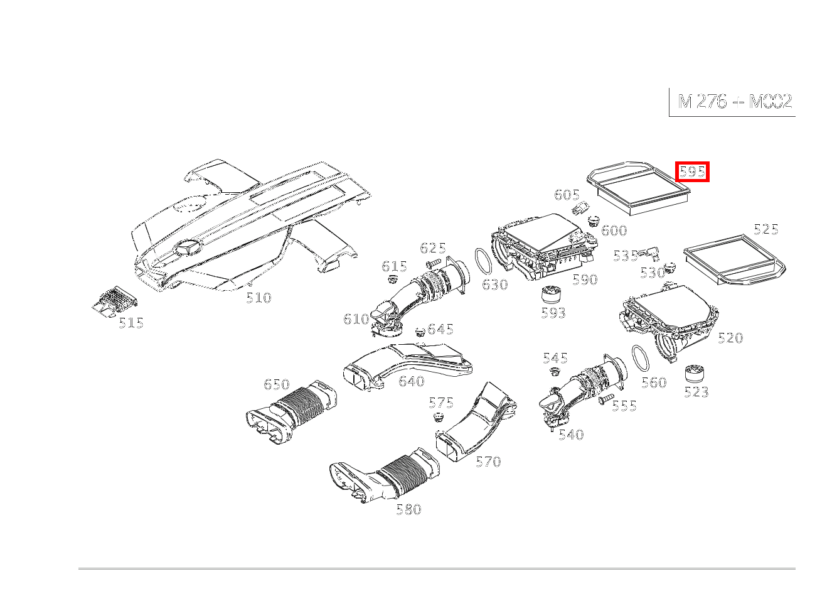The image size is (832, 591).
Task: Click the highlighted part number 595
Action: coord(692,171)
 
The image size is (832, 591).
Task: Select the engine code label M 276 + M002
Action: coord(735,102)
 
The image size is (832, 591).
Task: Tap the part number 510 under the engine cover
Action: coord(259,298)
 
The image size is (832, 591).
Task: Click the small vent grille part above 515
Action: coord(114,301)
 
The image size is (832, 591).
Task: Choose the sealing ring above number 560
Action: coord(641,359)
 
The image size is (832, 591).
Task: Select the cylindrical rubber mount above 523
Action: coord(695,374)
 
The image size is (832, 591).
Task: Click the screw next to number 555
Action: coord(605,399)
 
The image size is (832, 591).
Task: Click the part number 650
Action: coord(276,384)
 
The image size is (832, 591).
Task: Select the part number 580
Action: coord(408,509)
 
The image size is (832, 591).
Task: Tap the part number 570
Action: coord(488,462)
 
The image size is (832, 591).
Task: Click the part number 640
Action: coord(412,381)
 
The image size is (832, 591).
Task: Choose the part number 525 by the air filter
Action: coord(766,229)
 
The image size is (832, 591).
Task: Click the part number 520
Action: coord(730,339)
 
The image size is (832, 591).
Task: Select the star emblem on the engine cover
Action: coord(188,247)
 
